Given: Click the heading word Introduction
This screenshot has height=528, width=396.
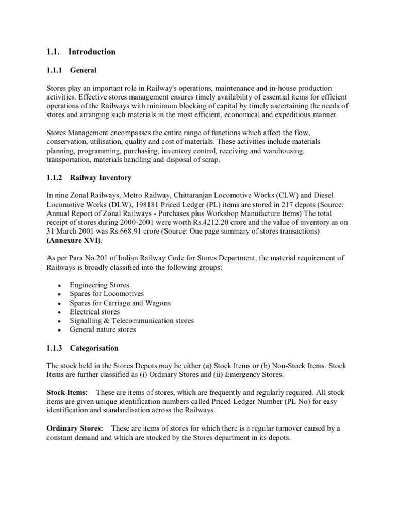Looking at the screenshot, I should pos(92,52).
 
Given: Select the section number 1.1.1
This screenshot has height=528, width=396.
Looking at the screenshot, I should pos(54,70).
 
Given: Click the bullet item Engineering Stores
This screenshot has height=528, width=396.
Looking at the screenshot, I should pos(100,285).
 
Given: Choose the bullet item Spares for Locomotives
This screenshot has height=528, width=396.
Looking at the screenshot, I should pos(107,294).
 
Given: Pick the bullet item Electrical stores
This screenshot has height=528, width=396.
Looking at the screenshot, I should pos(95,311).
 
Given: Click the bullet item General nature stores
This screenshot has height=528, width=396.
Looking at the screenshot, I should pos(103,329).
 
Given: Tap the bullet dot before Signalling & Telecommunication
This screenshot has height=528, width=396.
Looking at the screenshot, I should pos(60,321).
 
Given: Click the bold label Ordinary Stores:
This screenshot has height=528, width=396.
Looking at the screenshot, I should pos(75,428).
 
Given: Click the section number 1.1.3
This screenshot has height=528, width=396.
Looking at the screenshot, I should pos(54,348).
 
